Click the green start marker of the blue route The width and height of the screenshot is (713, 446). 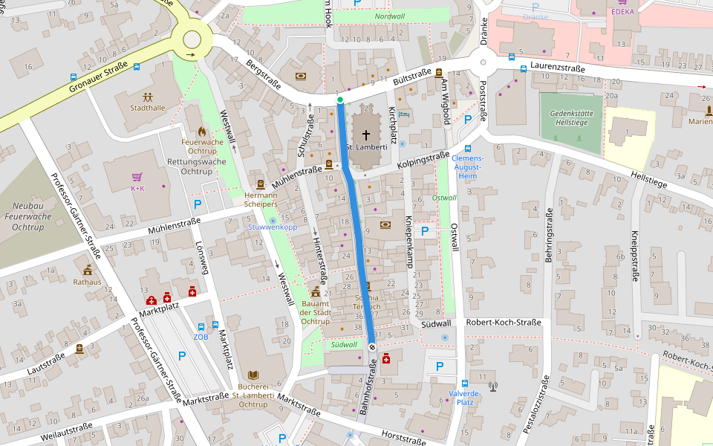(340, 100)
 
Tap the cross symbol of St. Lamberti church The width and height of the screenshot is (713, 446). (365, 135)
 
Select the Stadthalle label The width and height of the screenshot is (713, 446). (147, 108)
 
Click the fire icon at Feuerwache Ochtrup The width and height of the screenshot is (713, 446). (201, 132)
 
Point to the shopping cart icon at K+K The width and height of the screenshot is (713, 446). (137, 177)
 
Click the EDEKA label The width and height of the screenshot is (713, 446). (622, 12)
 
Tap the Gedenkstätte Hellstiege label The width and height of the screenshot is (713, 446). (570, 117)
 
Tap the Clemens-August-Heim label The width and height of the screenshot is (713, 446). (467, 167)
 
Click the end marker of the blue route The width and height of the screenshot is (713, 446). (371, 346)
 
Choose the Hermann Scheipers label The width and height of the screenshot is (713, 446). (261, 199)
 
